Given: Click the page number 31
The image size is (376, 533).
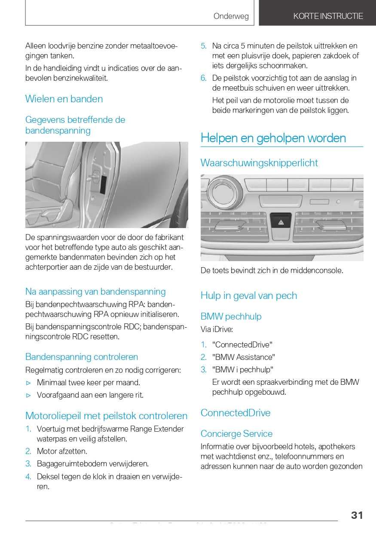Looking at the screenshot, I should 357,515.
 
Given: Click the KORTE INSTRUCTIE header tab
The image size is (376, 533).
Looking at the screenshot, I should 328,16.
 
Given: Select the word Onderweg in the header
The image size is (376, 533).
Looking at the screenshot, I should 231,16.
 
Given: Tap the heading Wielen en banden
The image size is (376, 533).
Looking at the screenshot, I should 64,99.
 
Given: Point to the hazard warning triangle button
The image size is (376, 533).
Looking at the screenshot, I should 281,222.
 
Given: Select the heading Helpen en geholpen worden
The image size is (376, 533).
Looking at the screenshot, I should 273,138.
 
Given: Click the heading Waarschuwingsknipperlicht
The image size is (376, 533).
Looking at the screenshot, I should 259,163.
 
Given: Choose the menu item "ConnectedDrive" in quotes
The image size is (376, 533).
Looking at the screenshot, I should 242,345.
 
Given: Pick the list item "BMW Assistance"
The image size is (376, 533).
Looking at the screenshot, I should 244,357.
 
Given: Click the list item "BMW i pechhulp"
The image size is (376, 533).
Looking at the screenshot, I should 243,370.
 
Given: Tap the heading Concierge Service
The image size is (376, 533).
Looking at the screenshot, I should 236,434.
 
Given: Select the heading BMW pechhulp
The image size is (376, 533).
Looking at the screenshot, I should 231,317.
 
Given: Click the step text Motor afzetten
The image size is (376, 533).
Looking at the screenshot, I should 62,451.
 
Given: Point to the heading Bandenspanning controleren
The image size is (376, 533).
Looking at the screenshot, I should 82,357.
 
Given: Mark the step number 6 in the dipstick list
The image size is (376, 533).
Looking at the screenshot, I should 204,78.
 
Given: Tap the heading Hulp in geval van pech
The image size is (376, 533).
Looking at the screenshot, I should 249,295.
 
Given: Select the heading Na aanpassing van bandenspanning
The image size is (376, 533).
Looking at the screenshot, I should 95,292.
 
